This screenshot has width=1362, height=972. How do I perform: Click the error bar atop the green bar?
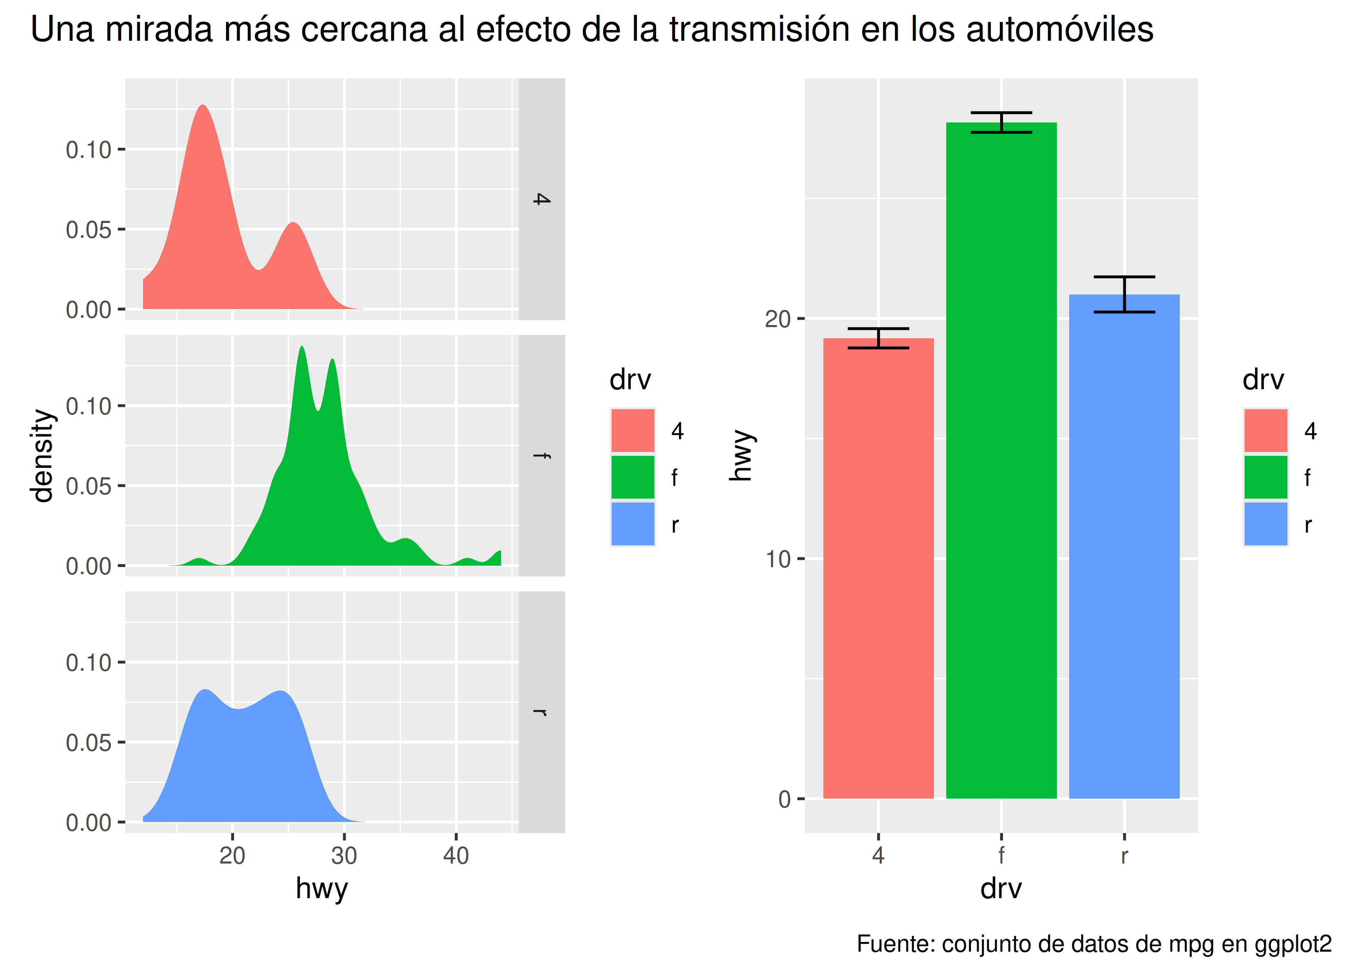(1001, 122)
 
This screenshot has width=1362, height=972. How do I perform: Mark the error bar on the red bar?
(878, 338)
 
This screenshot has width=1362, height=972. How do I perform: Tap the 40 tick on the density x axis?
(456, 855)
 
